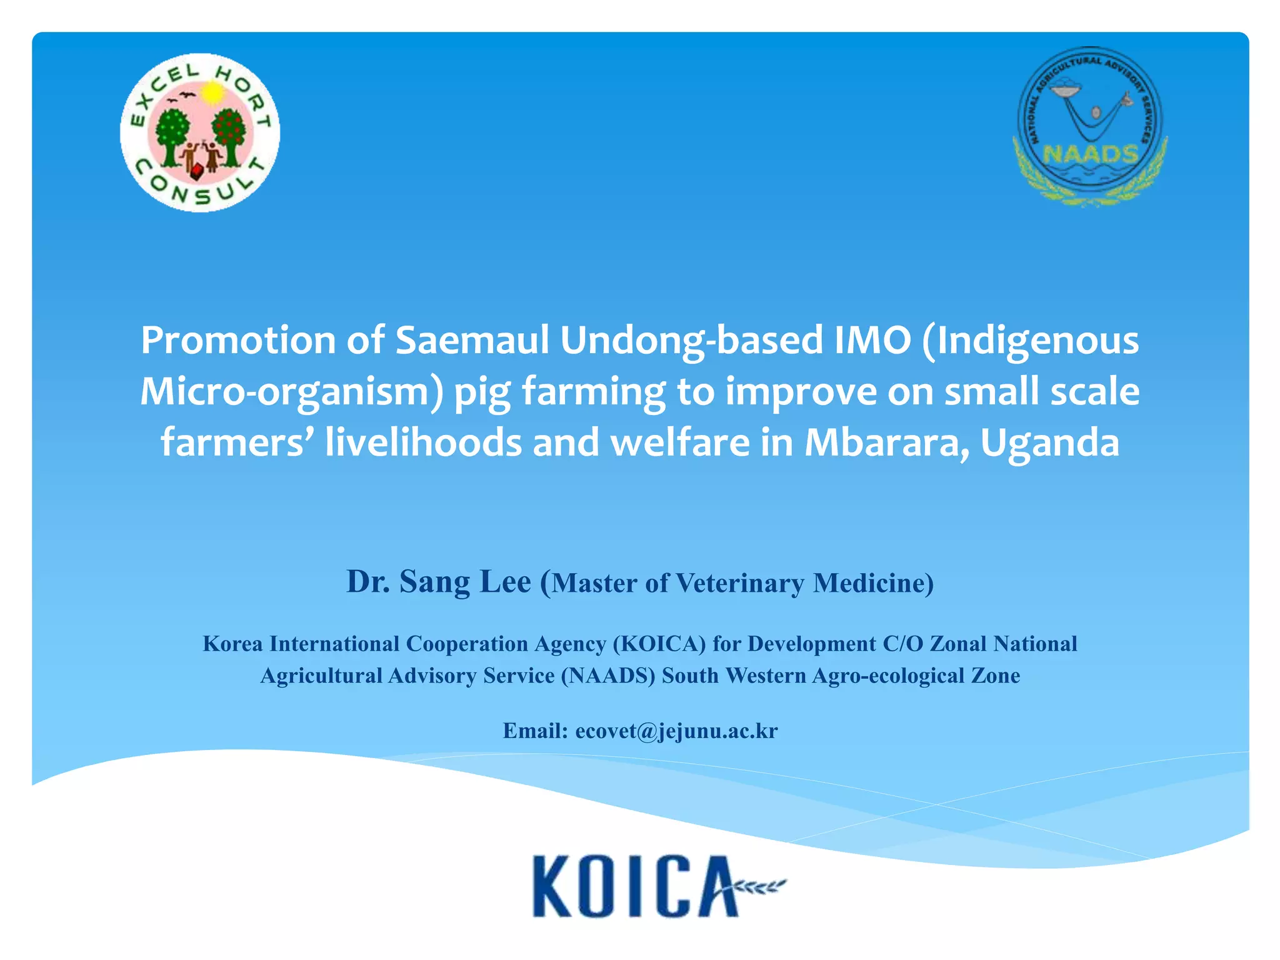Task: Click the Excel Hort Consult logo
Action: click(200, 132)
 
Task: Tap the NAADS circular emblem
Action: click(1090, 125)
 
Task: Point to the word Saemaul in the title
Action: click(472, 341)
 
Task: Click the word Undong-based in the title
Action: click(691, 341)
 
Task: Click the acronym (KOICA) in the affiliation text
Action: click(659, 644)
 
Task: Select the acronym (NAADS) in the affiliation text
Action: click(608, 676)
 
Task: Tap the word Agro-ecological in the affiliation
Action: click(888, 676)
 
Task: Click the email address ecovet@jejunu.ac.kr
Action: click(676, 731)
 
